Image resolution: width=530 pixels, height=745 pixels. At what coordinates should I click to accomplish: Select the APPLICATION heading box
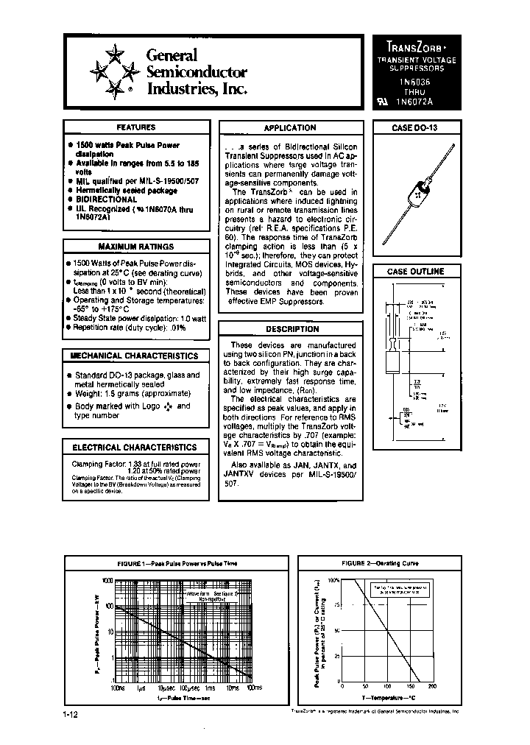point(290,127)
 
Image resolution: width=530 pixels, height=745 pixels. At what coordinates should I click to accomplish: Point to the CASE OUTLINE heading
point(416,271)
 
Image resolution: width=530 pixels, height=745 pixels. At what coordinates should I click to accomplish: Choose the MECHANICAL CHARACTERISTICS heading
point(134,356)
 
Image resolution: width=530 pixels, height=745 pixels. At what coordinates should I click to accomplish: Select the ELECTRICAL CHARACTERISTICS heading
point(134,447)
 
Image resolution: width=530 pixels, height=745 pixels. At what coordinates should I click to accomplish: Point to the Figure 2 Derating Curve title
point(380,563)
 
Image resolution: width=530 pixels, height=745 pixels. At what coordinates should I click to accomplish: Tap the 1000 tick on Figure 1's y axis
point(106,581)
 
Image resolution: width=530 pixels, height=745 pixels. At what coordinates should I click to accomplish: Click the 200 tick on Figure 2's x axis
point(432,685)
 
